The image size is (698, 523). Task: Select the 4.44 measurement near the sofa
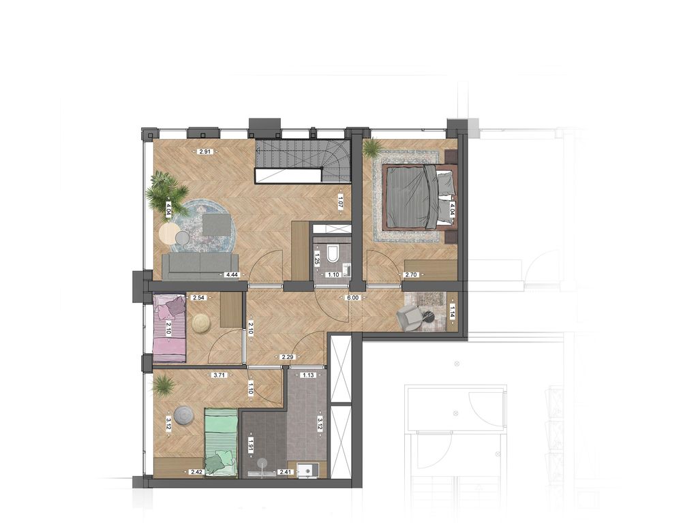coord(232,275)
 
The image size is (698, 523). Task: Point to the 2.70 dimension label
coord(411,275)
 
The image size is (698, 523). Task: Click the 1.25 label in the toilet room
coord(317,258)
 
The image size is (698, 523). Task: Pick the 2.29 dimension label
coord(287,356)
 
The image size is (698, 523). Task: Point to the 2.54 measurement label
coord(198,298)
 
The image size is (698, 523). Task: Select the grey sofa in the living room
coord(200,266)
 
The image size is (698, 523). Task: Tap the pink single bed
coord(170,328)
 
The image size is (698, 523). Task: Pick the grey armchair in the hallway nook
coord(409,317)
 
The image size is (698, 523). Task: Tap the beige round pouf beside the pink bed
coord(201,323)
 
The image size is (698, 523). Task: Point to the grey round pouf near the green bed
coord(183,415)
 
